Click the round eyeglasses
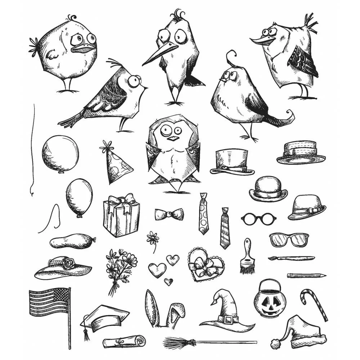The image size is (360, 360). tap(257, 218)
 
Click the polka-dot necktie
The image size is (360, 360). tap(203, 214)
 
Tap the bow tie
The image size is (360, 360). tap(169, 215)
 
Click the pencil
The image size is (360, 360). tap(306, 275)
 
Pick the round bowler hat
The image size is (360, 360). tap(268, 189)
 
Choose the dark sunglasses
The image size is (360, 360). tap(289, 239)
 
